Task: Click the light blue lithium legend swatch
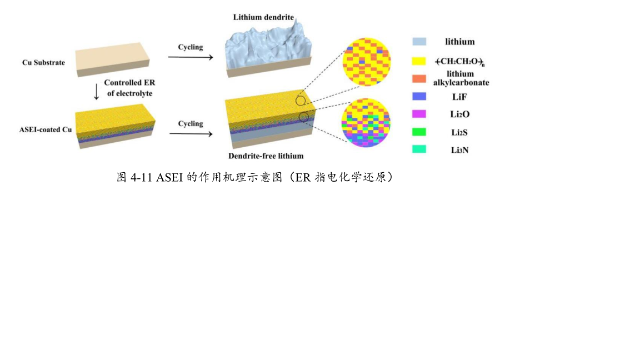(419, 42)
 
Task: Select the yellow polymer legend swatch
(419, 61)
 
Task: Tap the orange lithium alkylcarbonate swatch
(419, 79)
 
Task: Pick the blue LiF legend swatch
(419, 96)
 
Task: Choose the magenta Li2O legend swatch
(419, 114)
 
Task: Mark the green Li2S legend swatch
(419, 132)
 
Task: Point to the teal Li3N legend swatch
(419, 149)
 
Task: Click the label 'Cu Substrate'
(44, 62)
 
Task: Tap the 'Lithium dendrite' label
(264, 17)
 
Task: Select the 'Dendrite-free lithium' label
(266, 156)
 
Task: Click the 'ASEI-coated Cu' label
(46, 130)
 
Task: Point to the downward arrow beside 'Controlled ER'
(97, 92)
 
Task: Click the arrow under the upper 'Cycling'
(191, 57)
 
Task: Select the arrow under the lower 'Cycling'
(191, 134)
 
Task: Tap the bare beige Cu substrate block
(112, 59)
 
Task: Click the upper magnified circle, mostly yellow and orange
(367, 62)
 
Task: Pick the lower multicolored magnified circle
(366, 122)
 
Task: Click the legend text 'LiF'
(459, 97)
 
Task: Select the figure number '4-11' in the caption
(141, 178)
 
